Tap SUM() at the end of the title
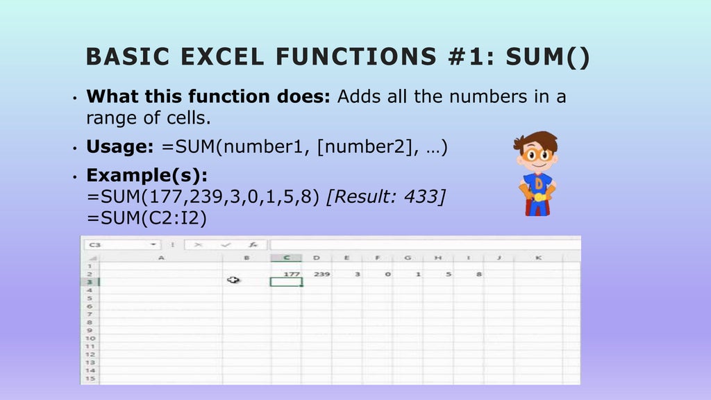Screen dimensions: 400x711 pyautogui.click(x=548, y=56)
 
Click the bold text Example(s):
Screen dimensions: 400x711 pyautogui.click(x=147, y=174)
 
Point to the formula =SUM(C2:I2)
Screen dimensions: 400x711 pyautogui.click(x=147, y=217)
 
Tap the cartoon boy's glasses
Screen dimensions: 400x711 pyautogui.click(x=537, y=154)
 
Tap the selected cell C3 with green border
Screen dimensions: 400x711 pyautogui.click(x=287, y=281)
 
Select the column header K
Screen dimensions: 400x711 pyautogui.click(x=539, y=258)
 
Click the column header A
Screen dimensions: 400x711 pyautogui.click(x=161, y=258)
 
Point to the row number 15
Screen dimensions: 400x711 pyautogui.click(x=90, y=378)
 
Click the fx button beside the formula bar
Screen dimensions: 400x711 pyautogui.click(x=254, y=244)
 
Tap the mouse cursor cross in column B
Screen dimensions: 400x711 pyautogui.click(x=233, y=280)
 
